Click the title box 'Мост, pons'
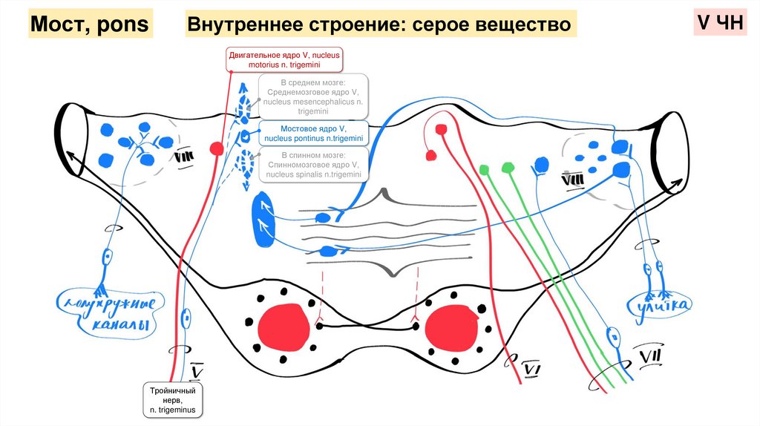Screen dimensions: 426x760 (x=90, y=25)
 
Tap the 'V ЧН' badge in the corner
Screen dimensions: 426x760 (x=718, y=24)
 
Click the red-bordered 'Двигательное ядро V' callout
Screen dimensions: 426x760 (x=281, y=59)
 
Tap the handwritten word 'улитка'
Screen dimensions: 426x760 (x=659, y=305)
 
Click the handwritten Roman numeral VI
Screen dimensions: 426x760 (x=532, y=368)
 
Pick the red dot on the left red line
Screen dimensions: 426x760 (x=216, y=148)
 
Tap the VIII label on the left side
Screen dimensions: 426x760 (x=184, y=157)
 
